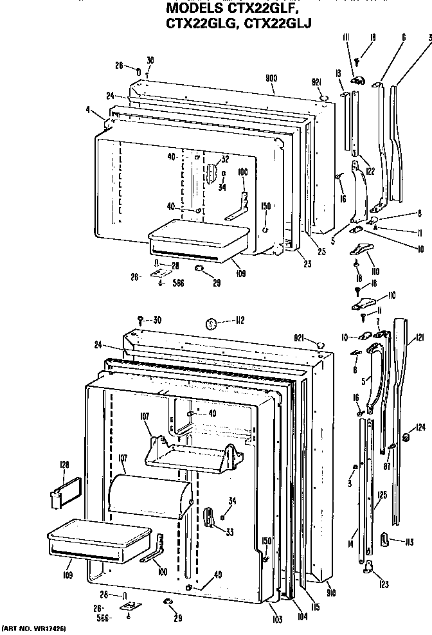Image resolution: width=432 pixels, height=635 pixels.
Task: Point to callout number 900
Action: [271, 78]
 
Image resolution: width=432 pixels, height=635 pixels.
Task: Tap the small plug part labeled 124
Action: [406, 438]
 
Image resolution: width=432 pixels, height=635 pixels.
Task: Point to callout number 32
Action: [225, 159]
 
